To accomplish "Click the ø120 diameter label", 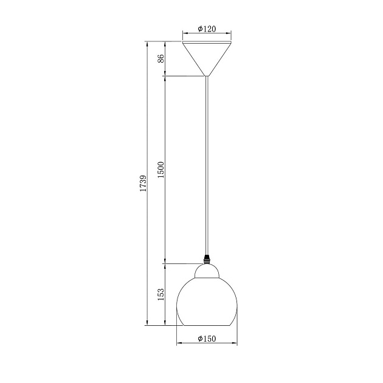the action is click(207, 29).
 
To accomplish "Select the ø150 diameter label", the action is click(207, 339).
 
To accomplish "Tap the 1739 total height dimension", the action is click(143, 183).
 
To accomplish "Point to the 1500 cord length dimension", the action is click(161, 170).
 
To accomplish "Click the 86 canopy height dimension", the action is click(161, 58).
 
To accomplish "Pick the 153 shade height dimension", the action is click(161, 294).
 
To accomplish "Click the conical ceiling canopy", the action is click(207, 58).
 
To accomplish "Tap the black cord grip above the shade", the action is click(207, 260).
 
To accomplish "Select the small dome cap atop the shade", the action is click(207, 271).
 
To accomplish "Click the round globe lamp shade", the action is click(207, 302).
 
